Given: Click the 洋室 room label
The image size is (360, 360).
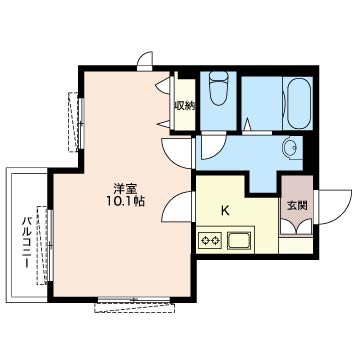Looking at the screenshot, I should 124,187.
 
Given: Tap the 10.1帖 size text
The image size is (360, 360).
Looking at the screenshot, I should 124,201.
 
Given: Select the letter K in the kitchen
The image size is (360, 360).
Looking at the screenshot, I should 226,211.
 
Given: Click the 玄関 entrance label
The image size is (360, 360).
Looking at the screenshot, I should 298,206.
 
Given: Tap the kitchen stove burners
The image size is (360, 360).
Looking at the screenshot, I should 211,240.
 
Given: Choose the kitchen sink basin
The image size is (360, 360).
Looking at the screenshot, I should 240,240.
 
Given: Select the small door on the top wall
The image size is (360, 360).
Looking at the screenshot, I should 146,61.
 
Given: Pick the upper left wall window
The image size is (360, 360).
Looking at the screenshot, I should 74,117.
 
